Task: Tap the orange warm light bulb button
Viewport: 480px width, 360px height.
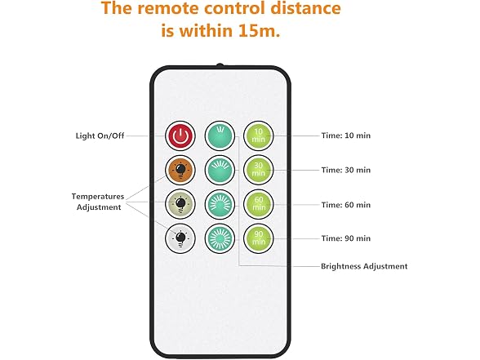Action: [x=180, y=170]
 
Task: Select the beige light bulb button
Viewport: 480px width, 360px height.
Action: [x=180, y=204]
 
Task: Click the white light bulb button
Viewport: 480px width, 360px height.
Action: [x=180, y=238]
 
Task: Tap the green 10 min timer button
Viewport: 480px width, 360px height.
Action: [x=258, y=136]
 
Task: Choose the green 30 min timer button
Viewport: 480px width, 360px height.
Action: [x=258, y=170]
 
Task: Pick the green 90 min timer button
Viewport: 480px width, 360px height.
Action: [x=258, y=238]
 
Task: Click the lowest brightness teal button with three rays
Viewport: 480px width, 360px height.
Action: [x=220, y=136]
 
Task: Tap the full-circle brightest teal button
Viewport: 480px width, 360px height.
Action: [x=220, y=238]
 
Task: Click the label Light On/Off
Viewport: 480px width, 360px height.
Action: [x=100, y=136]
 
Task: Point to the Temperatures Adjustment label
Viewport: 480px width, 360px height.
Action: [x=98, y=202]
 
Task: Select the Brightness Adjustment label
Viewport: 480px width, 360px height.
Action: [x=364, y=266]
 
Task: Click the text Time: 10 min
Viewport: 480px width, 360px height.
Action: [x=346, y=136]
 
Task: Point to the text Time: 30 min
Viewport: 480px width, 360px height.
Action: [x=346, y=170]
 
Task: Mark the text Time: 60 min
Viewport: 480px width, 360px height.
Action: [x=346, y=204]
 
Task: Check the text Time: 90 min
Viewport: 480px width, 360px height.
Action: [x=346, y=238]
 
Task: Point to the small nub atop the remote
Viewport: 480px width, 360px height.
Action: [x=220, y=65]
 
